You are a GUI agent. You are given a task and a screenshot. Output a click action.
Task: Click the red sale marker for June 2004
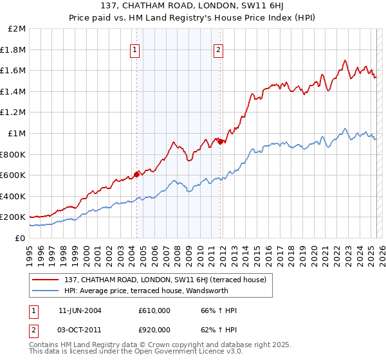136,174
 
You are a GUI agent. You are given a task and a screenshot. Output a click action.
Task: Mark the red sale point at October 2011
220,141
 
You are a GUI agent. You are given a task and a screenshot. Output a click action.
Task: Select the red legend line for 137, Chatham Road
45,280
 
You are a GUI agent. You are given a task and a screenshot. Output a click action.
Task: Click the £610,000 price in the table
154,310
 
